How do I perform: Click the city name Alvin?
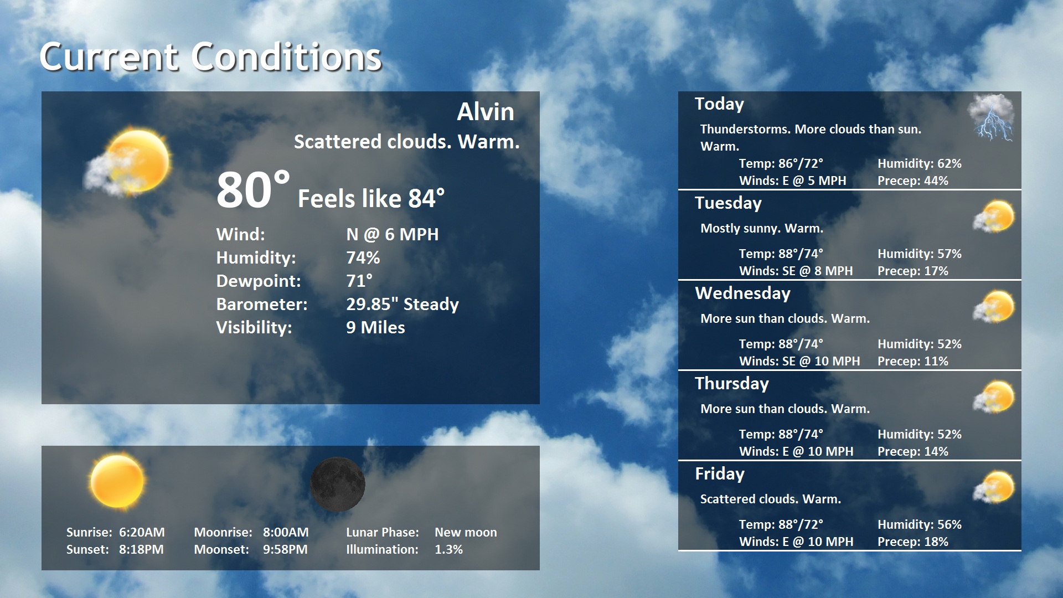coord(485,112)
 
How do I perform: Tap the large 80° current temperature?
coord(252,190)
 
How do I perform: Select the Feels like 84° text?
coord(371,198)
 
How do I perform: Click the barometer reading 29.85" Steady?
coord(402,304)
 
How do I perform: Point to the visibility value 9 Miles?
coord(375,327)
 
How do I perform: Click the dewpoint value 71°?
coord(359,281)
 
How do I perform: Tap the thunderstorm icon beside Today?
coord(992,117)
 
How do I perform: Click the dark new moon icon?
coord(337,484)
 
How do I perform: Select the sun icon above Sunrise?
coord(117,481)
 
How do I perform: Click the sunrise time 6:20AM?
coord(142,532)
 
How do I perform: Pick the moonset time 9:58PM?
coord(285,549)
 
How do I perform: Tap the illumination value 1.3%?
coord(448,549)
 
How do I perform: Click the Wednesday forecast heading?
coord(742,293)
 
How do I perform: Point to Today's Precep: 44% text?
coord(912,181)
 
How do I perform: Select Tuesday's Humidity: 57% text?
coord(919,254)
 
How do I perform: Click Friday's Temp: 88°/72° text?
coord(781,524)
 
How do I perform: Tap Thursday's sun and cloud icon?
coord(994,397)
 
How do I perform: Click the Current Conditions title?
coord(210,56)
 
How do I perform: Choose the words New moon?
coord(466,532)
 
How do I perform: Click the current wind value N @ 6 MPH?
coord(392,234)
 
